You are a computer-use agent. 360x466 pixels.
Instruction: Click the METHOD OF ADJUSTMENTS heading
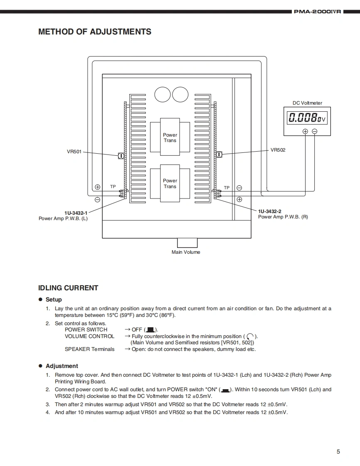click(95, 32)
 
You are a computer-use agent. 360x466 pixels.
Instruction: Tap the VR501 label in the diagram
click(74, 152)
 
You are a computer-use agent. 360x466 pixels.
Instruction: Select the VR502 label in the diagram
click(278, 150)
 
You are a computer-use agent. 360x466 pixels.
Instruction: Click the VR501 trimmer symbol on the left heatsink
click(121, 155)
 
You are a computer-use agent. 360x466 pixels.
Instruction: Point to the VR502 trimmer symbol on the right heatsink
click(219, 155)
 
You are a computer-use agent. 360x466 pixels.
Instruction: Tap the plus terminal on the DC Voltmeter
click(305, 131)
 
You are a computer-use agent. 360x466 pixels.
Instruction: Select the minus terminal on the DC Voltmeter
click(314, 131)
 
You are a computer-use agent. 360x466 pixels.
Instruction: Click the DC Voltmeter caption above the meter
click(307, 103)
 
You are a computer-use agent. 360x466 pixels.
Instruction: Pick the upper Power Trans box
click(170, 137)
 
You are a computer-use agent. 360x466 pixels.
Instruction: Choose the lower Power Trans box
click(170, 183)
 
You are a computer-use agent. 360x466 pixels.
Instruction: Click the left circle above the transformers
click(162, 94)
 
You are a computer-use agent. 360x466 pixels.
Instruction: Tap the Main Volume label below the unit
click(186, 252)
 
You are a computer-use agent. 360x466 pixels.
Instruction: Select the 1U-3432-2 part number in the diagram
click(269, 211)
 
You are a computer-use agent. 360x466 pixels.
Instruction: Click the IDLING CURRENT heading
click(68, 288)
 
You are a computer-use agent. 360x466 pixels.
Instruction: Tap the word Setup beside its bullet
click(54, 299)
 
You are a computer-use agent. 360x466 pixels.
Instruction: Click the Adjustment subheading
click(62, 366)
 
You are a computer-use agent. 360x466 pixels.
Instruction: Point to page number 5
click(338, 452)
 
